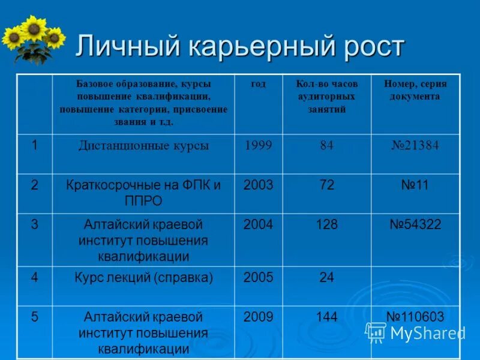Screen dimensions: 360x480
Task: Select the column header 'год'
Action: click(x=258, y=84)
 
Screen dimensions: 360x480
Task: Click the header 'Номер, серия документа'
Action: click(x=415, y=90)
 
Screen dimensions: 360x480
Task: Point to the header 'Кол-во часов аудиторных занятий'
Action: click(x=326, y=96)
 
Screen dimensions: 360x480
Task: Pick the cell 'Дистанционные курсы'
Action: click(x=143, y=146)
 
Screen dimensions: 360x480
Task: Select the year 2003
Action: click(x=258, y=185)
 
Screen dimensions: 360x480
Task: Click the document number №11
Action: click(x=415, y=185)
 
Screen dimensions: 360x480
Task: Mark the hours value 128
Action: click(x=326, y=225)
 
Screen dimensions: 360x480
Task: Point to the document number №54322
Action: click(x=415, y=225)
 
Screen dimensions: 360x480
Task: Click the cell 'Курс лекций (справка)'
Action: click(x=143, y=278)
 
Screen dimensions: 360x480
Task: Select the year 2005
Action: click(x=258, y=278)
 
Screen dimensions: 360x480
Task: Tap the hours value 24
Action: click(x=326, y=278)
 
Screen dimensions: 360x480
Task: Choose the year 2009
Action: click(x=258, y=317)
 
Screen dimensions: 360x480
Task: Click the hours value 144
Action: click(x=326, y=317)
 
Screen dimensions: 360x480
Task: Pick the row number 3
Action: click(x=35, y=225)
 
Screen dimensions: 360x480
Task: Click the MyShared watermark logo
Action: click(x=415, y=332)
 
